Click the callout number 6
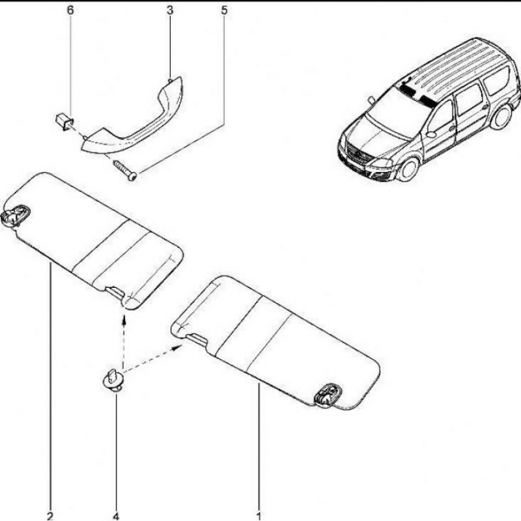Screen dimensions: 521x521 tap(70, 10)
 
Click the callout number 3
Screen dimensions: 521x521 tap(170, 10)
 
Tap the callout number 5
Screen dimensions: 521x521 tap(224, 10)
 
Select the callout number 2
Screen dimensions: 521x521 tap(50, 516)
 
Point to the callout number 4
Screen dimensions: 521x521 tap(116, 516)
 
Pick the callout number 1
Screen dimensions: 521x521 tap(259, 516)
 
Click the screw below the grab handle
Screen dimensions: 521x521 tap(125, 170)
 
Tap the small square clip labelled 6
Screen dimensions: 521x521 tap(64, 122)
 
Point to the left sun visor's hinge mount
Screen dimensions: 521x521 tap(16, 215)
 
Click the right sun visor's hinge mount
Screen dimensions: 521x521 tap(328, 395)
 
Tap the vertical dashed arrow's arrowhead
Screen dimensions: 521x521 tap(124, 319)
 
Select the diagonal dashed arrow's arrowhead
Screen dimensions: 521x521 tap(177, 347)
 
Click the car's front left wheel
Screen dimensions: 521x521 tap(408, 170)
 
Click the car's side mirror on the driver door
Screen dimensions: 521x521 tap(431, 134)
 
